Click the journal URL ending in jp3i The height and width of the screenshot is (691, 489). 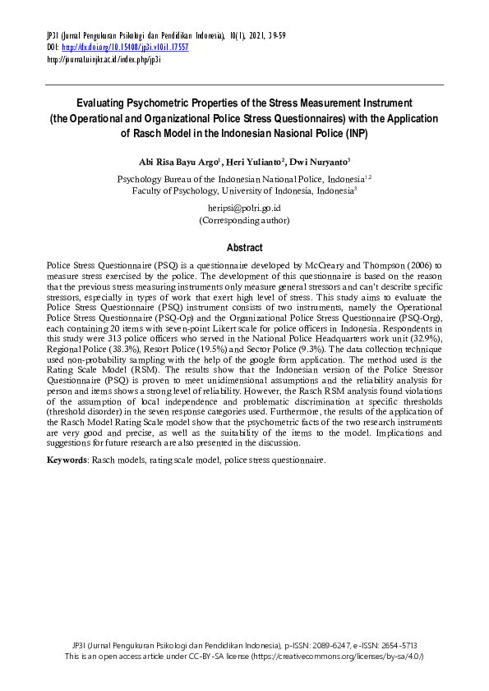[104, 59]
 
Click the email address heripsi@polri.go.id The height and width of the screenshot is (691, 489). [244, 208]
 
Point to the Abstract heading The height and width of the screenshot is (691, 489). [244, 248]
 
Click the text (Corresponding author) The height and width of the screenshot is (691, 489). [244, 220]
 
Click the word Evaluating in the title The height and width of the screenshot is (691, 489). [101, 103]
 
